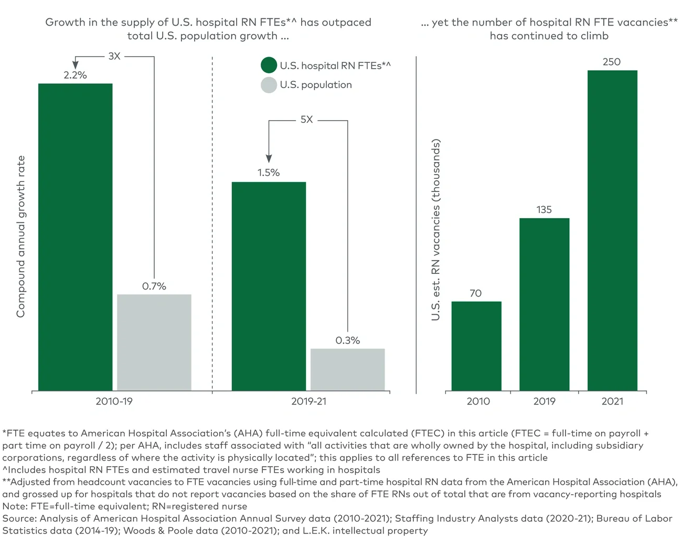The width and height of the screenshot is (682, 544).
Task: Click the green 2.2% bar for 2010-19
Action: click(x=75, y=237)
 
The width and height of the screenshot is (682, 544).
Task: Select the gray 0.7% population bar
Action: click(x=154, y=342)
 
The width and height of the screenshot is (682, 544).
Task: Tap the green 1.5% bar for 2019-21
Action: click(x=269, y=286)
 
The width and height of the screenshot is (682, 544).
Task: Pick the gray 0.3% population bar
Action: click(x=347, y=369)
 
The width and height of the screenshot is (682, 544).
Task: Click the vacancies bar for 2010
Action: click(x=476, y=346)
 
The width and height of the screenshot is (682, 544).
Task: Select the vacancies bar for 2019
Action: click(x=544, y=304)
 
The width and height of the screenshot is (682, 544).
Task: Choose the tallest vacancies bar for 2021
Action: click(x=612, y=230)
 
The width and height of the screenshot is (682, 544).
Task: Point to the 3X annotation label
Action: click(x=114, y=56)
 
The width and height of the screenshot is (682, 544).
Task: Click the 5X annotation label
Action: click(x=306, y=120)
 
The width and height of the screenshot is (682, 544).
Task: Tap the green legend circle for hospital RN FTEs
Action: click(x=269, y=66)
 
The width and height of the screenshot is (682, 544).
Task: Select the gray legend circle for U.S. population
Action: click(x=269, y=85)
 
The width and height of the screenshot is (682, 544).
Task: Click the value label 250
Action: click(x=611, y=62)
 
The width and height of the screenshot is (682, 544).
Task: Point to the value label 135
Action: click(x=544, y=210)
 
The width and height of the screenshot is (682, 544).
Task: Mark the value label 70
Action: click(x=475, y=293)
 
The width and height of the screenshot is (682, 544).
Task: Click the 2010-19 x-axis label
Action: click(x=114, y=401)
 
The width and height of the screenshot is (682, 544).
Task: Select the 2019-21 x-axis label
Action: click(x=308, y=401)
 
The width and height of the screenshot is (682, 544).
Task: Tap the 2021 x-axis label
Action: click(x=612, y=401)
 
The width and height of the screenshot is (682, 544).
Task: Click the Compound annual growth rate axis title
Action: click(x=20, y=237)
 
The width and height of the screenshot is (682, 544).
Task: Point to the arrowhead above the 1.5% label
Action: click(x=269, y=158)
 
